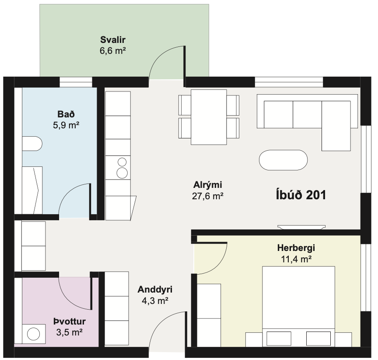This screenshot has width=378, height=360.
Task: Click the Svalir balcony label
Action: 113,39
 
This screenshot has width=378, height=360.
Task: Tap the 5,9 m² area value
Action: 66,125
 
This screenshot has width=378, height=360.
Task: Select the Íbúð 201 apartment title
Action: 301,195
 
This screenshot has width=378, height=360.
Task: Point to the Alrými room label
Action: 207,185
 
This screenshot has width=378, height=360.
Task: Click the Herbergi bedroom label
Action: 296,248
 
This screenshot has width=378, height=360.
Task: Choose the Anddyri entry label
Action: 155,289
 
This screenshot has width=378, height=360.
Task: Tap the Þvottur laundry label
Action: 70,321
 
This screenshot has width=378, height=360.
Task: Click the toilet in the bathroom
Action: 32,144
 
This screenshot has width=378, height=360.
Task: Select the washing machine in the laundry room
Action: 34,334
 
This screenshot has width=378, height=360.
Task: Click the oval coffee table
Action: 283,160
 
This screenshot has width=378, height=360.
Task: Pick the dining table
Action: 209,117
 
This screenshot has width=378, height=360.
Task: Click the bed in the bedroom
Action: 298,307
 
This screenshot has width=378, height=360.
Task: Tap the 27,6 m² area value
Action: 207,196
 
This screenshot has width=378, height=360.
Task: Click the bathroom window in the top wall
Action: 76,82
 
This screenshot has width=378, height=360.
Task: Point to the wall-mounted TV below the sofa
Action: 301,227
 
